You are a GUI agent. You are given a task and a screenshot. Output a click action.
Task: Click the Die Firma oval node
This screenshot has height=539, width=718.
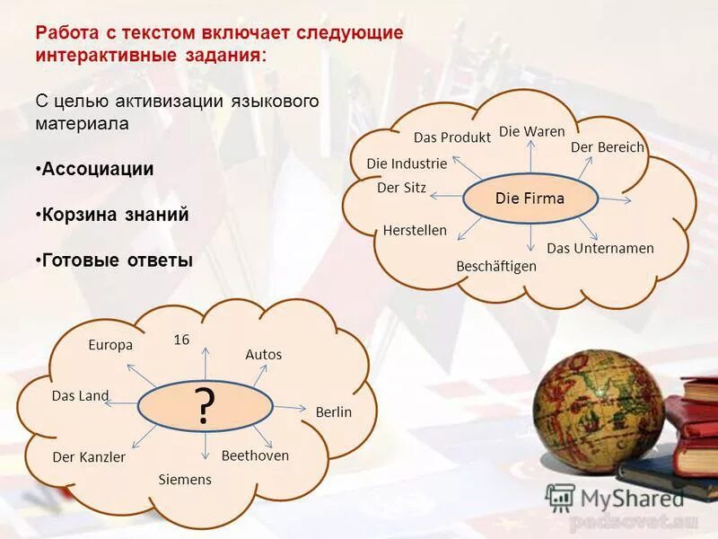(530, 199)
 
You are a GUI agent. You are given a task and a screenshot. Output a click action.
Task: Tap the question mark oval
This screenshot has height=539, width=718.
(205, 408)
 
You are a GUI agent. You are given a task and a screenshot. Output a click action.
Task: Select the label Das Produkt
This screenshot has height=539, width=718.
(451, 137)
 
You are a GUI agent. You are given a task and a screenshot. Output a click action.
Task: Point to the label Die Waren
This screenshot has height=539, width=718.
(531, 131)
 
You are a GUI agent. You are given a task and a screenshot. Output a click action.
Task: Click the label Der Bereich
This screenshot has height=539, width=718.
(608, 147)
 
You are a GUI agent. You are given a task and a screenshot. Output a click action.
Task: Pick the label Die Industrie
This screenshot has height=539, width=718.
(407, 163)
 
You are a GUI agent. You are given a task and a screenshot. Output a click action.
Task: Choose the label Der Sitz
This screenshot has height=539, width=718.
(401, 188)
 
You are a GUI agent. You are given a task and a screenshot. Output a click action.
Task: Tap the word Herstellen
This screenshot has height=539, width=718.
(415, 230)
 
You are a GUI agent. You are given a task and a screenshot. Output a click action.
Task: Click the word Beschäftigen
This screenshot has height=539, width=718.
(496, 266)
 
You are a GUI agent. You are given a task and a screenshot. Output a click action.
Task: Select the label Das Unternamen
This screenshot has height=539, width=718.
(600, 248)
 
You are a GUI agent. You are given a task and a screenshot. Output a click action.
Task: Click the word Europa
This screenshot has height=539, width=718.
(110, 345)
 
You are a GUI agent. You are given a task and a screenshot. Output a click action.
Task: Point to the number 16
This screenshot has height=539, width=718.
(181, 340)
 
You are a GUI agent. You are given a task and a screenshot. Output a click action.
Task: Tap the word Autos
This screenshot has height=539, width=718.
(263, 355)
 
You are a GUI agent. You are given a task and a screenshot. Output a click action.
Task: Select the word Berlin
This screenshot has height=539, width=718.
(333, 412)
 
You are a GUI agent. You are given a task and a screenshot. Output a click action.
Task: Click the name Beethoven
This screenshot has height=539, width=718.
(255, 455)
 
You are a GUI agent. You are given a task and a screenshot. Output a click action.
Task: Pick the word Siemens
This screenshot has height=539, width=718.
(185, 480)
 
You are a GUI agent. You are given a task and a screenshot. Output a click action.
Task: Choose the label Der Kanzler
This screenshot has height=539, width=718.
(89, 457)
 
